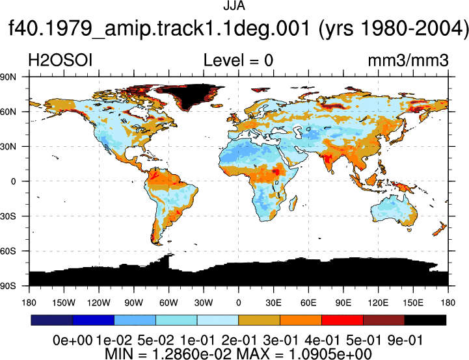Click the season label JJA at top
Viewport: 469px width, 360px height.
click(234, 6)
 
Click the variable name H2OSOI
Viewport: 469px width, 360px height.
click(60, 60)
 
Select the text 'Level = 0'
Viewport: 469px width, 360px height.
click(238, 60)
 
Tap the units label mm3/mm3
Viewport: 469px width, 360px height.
click(408, 60)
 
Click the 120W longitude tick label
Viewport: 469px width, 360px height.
click(99, 303)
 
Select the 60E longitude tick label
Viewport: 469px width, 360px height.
click(308, 303)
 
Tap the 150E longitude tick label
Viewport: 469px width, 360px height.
click(413, 303)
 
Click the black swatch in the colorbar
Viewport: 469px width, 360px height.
click(425, 320)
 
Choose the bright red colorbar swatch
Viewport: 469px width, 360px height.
click(342, 320)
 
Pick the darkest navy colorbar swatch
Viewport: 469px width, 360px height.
click(52, 320)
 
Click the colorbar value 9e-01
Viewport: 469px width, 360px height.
click(405, 341)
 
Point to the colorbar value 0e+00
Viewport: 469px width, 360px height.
click(72, 341)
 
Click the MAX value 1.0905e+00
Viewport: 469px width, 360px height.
click(330, 354)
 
